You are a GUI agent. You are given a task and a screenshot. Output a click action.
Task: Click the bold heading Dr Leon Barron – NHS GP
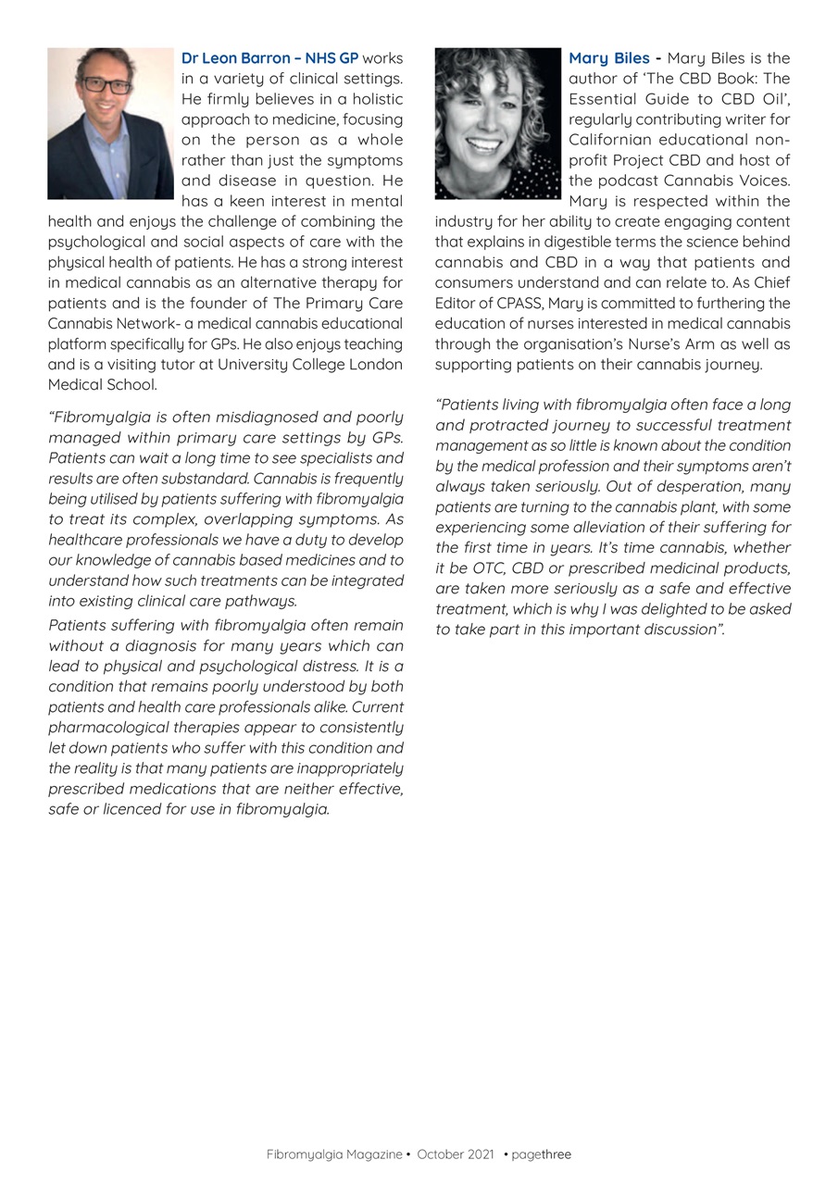click(x=269, y=58)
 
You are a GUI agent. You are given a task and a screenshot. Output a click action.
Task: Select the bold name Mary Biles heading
click(x=608, y=58)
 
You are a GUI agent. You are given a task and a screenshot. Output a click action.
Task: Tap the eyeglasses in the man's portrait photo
click(x=106, y=85)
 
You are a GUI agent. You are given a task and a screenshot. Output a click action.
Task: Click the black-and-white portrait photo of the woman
click(x=497, y=123)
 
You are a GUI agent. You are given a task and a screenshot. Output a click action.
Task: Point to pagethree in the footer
click(x=541, y=1154)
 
